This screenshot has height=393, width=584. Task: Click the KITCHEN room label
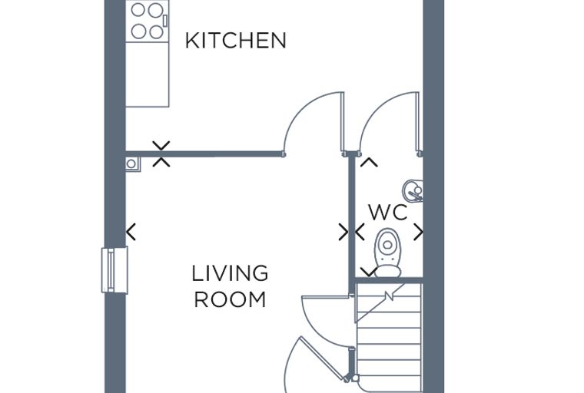tap(236, 41)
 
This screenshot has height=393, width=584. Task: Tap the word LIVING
tap(230, 273)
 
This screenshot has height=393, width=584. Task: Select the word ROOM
tap(231, 299)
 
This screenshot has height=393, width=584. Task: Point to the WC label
tap(388, 213)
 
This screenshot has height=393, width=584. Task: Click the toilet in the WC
tap(388, 253)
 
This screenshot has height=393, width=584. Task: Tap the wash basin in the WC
tap(413, 191)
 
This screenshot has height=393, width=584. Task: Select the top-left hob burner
tap(138, 10)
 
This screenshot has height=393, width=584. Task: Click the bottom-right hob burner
tap(156, 31)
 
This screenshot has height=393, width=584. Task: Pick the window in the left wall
tap(114, 270)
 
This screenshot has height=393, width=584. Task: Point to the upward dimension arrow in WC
tap(369, 162)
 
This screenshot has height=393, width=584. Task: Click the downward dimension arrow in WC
tap(369, 272)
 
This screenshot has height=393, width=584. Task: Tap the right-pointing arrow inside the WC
tap(419, 233)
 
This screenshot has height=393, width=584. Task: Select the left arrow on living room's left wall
tap(131, 232)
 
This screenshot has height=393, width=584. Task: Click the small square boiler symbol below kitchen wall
tap(133, 164)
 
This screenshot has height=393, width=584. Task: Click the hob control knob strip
tap(165, 21)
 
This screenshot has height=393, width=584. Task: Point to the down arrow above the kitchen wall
tap(161, 146)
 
